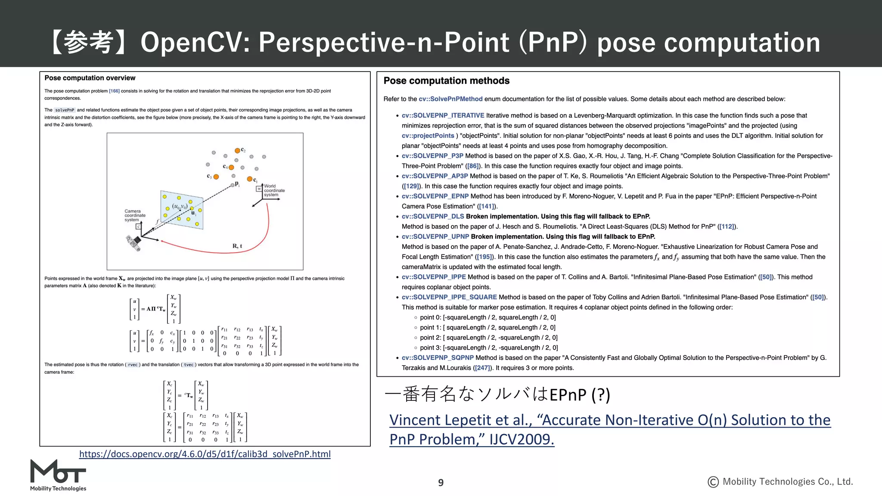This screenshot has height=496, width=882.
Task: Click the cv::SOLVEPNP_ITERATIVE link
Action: point(443,115)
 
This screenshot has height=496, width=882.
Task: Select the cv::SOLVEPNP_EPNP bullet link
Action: point(435,196)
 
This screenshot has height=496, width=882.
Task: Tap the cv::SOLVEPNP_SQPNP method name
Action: point(438,358)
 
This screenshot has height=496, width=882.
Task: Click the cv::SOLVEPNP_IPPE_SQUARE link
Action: point(449,297)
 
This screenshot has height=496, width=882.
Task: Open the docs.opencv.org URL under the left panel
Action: point(205,454)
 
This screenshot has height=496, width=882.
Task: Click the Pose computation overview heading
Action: point(90,78)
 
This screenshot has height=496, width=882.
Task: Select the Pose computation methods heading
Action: point(446,81)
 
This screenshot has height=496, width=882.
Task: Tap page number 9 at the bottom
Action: point(441,483)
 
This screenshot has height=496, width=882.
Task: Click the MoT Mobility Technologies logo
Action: point(58,475)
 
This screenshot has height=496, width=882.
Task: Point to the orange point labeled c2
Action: point(237,151)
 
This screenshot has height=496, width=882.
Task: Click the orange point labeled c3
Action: point(216,177)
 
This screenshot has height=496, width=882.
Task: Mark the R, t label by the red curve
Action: point(237,246)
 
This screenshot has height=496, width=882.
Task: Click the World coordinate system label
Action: point(274,190)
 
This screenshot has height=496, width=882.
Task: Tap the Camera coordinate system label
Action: point(135,215)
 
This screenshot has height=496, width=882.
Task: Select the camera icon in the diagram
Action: point(134,243)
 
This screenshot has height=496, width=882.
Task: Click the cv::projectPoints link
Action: point(428,136)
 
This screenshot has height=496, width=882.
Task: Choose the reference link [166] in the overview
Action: point(114,91)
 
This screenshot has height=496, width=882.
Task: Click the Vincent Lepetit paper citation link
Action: point(609,429)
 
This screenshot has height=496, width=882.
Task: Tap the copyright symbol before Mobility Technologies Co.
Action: point(713,482)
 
